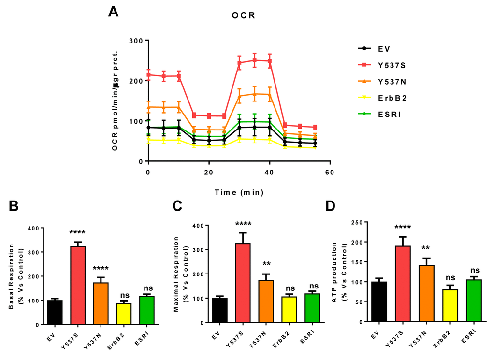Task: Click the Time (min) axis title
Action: (239, 192)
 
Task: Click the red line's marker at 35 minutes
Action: (254, 60)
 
